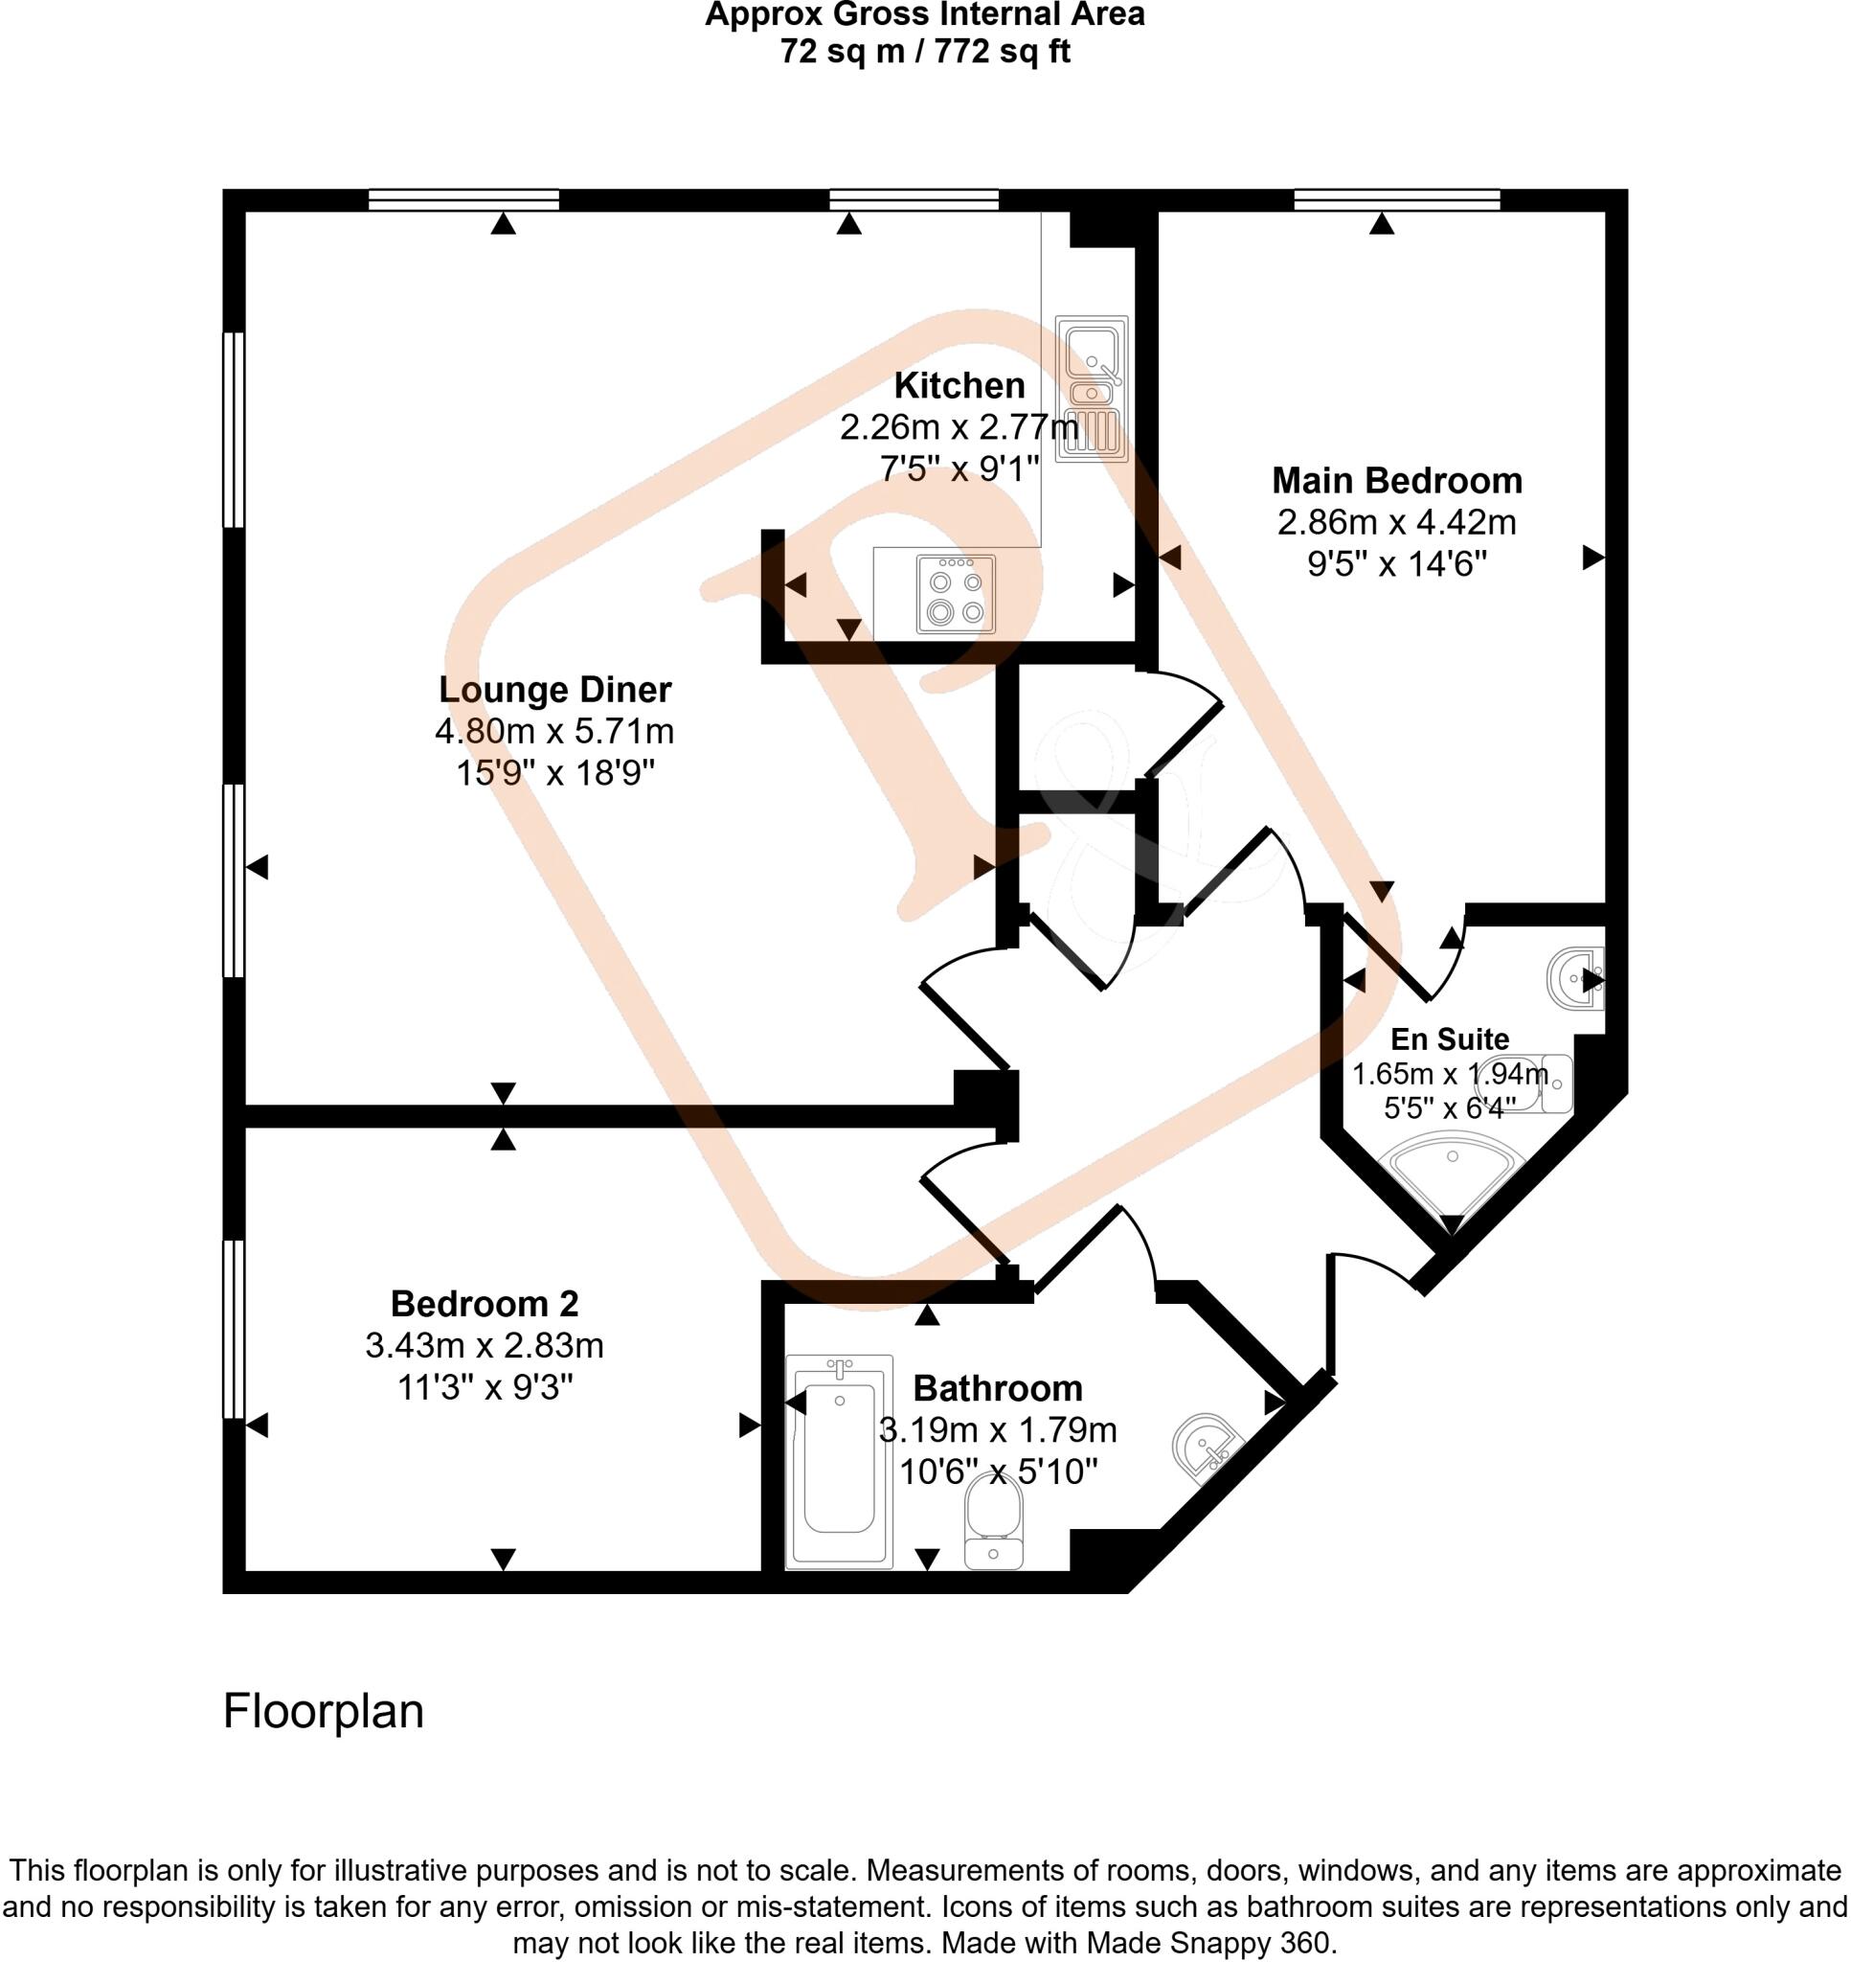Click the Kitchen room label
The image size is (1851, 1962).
click(959, 385)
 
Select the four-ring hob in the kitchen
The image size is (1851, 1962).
click(955, 594)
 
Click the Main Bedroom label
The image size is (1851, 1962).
click(1396, 481)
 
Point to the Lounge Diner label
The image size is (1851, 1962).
click(554, 689)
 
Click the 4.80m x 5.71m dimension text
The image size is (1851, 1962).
click(554, 731)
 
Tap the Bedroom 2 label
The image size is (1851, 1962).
click(484, 1304)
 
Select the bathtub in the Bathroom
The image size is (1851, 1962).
click(839, 1461)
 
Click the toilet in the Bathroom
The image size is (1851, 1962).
click(995, 1519)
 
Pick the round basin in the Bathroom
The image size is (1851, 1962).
click(1205, 1448)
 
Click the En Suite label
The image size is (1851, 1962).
click(1450, 1039)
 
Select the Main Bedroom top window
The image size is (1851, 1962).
click(1396, 200)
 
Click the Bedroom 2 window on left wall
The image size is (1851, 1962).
click(233, 1329)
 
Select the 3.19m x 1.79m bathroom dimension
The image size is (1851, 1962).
click(998, 1430)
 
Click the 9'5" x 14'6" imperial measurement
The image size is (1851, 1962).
click(1396, 563)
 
